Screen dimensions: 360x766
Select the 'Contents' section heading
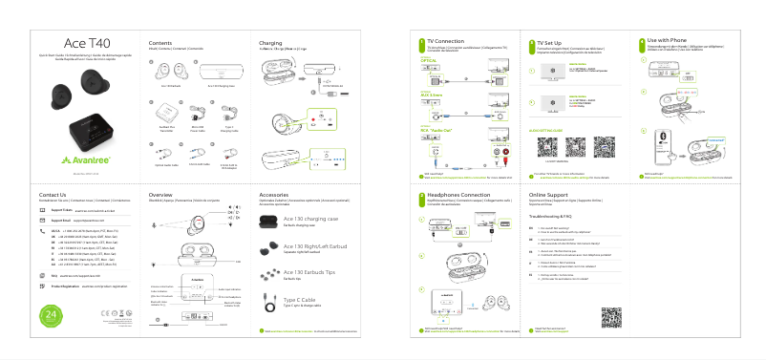160,43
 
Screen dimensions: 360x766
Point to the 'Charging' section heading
270,43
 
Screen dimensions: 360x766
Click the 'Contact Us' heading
53,195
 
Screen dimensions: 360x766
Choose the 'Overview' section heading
161,194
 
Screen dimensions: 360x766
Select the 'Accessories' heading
274,194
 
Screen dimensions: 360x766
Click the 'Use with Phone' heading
670,43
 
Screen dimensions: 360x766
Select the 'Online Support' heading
553,194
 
